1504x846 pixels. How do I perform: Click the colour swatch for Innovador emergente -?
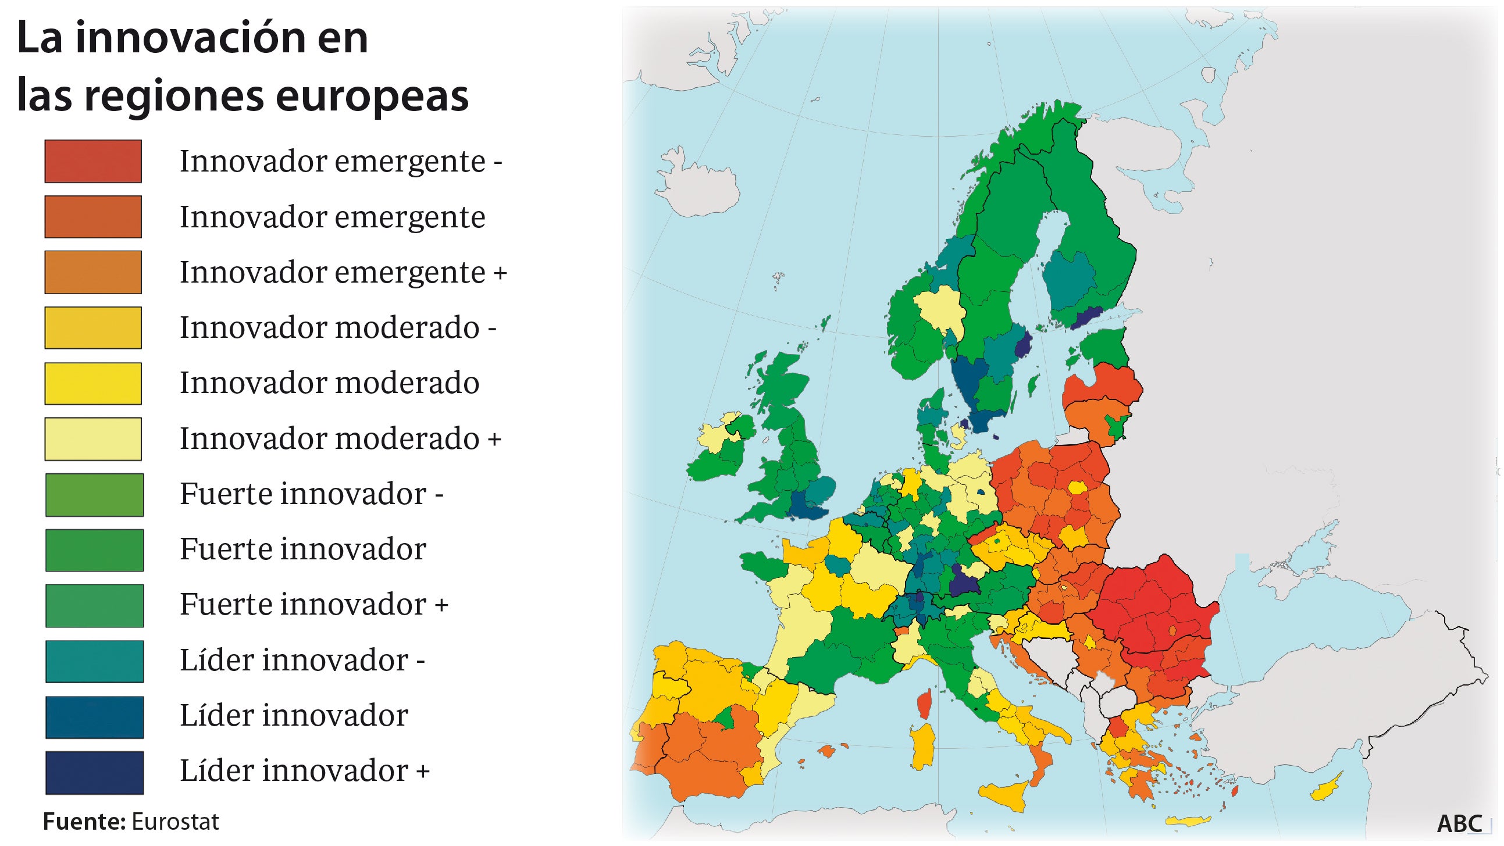(x=93, y=161)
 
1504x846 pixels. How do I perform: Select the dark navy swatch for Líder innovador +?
(x=94, y=772)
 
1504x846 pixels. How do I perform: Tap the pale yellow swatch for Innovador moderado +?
(x=93, y=439)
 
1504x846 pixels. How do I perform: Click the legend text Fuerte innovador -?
(x=311, y=494)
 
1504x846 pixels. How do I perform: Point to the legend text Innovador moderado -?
(x=338, y=327)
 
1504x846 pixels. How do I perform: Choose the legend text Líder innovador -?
(x=302, y=661)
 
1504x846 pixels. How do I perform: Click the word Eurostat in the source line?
(x=174, y=822)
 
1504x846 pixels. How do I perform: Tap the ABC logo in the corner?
(x=1459, y=824)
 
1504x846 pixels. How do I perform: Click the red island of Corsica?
(x=924, y=704)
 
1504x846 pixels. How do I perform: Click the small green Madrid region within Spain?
(x=725, y=719)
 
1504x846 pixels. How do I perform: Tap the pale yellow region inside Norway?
(x=939, y=310)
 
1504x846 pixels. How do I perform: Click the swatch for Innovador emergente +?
(x=93, y=272)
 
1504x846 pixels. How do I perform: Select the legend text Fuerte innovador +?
(x=313, y=604)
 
